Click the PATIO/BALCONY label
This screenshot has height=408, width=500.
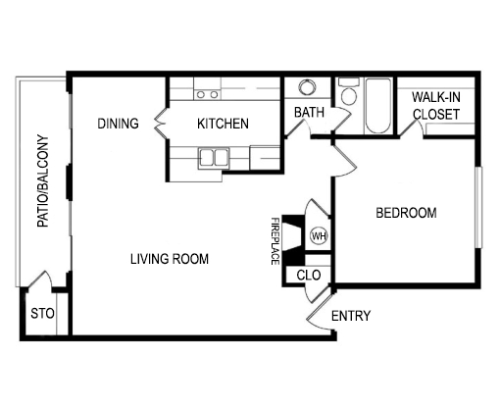click(x=43, y=181)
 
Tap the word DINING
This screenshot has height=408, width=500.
click(x=118, y=124)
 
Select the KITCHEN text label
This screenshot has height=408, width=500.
click(x=223, y=124)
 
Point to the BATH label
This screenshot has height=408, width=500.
click(x=309, y=113)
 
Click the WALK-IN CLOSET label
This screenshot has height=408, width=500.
click(x=436, y=106)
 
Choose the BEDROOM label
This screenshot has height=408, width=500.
click(x=406, y=213)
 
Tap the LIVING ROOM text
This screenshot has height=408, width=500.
click(x=171, y=259)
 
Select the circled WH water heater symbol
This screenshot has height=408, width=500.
click(x=319, y=235)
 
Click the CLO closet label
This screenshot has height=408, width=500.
click(x=308, y=276)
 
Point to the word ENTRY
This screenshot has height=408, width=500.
click(x=350, y=316)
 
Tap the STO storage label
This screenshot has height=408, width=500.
click(x=41, y=315)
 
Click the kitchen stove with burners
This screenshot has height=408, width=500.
click(x=207, y=94)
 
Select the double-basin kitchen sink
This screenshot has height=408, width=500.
click(x=213, y=157)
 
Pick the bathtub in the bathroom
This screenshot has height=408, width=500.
click(x=377, y=108)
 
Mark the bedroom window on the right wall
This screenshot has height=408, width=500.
click(x=479, y=209)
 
